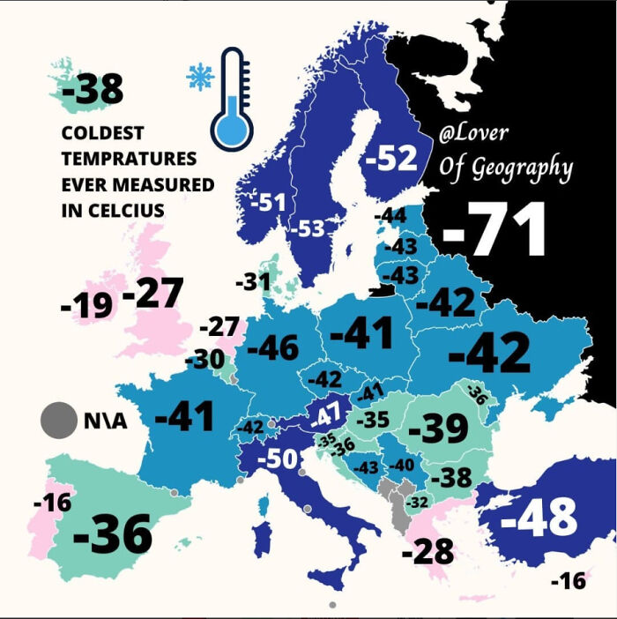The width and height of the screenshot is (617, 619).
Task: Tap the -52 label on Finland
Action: (x=390, y=159)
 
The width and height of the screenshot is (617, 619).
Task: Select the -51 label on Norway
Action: (x=269, y=203)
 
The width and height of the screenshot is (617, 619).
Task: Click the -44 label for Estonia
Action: (x=390, y=216)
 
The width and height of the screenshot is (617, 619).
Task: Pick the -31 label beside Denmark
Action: (x=252, y=283)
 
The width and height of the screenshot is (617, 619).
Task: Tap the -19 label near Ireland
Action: (x=86, y=306)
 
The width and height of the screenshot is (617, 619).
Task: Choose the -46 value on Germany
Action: (x=272, y=348)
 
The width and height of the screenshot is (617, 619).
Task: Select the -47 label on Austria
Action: (x=325, y=414)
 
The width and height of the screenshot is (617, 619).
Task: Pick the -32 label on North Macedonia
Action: (x=420, y=503)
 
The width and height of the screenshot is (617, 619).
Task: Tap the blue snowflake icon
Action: (x=200, y=78)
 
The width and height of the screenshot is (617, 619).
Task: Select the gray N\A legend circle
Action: (x=58, y=420)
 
